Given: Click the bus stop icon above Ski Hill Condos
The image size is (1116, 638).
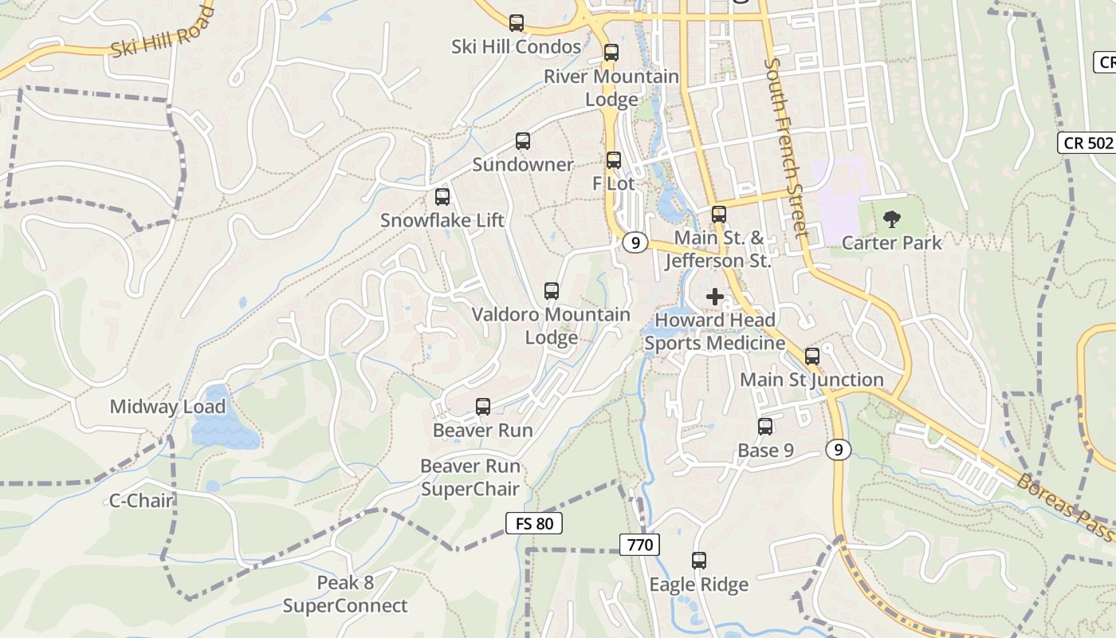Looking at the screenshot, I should [517, 23].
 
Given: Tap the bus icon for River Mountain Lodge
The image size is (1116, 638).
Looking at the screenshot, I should [611, 53].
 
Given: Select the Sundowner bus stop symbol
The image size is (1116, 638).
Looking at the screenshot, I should [523, 141].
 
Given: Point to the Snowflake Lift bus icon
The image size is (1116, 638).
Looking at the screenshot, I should [442, 197].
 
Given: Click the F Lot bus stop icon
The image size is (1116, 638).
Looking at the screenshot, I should [614, 160].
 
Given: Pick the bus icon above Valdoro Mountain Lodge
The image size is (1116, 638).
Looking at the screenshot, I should [552, 291].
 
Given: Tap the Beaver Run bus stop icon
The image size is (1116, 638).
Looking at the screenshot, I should [483, 407].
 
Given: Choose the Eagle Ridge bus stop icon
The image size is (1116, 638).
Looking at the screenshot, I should [699, 561].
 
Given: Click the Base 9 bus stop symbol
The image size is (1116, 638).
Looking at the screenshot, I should [765, 427].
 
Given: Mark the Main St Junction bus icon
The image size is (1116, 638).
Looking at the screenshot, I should [812, 356].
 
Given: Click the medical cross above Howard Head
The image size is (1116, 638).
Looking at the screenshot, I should [715, 297].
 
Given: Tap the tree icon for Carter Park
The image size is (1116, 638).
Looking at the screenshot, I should [892, 219].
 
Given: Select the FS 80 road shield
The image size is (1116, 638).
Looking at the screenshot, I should [534, 524].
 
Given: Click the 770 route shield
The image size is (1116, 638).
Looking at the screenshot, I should [639, 545].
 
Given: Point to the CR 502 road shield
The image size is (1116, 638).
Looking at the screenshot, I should [1087, 144].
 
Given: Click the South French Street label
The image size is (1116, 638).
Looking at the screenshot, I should [786, 148].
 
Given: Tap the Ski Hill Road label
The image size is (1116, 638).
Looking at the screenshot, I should [163, 32].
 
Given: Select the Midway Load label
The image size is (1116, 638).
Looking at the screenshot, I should [167, 407].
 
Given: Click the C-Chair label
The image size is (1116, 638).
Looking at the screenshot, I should [141, 501].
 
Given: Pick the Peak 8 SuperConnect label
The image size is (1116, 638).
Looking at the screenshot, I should [345, 594].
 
